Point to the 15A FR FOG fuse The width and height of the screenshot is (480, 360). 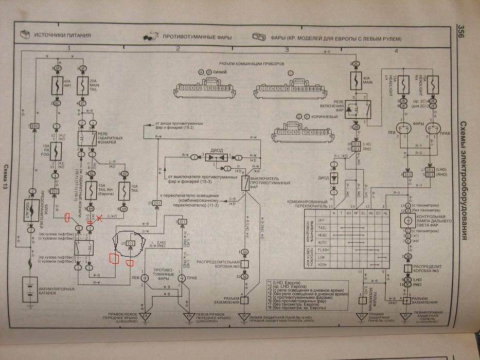click(x=55, y=150)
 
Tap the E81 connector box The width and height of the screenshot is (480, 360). click(x=35, y=127)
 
